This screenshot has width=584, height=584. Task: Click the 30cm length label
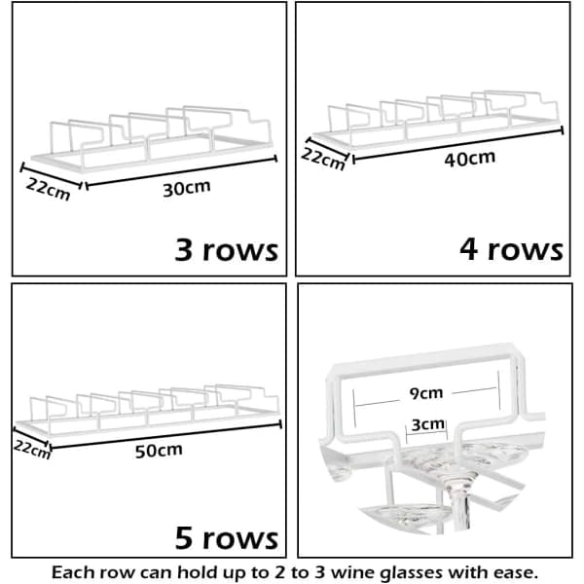(x=187, y=188)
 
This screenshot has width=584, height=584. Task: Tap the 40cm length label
(x=470, y=159)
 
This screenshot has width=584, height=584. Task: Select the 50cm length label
(x=159, y=451)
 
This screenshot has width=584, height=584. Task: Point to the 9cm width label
(x=426, y=393)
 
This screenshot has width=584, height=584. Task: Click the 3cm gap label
(x=428, y=424)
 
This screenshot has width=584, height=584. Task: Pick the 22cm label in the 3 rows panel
(x=48, y=189)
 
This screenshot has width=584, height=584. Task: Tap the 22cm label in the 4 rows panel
(x=323, y=159)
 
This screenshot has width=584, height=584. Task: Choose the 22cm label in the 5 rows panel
(x=32, y=450)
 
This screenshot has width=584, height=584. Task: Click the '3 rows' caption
(x=227, y=249)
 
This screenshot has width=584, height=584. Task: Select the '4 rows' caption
(x=511, y=249)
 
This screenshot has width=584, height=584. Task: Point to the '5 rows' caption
(x=227, y=538)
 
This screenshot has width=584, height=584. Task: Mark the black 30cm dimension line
(x=181, y=171)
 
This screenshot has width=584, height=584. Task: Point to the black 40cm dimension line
(x=457, y=145)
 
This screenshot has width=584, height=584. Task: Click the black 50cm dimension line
(x=165, y=436)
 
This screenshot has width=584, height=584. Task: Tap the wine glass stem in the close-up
(x=461, y=509)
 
